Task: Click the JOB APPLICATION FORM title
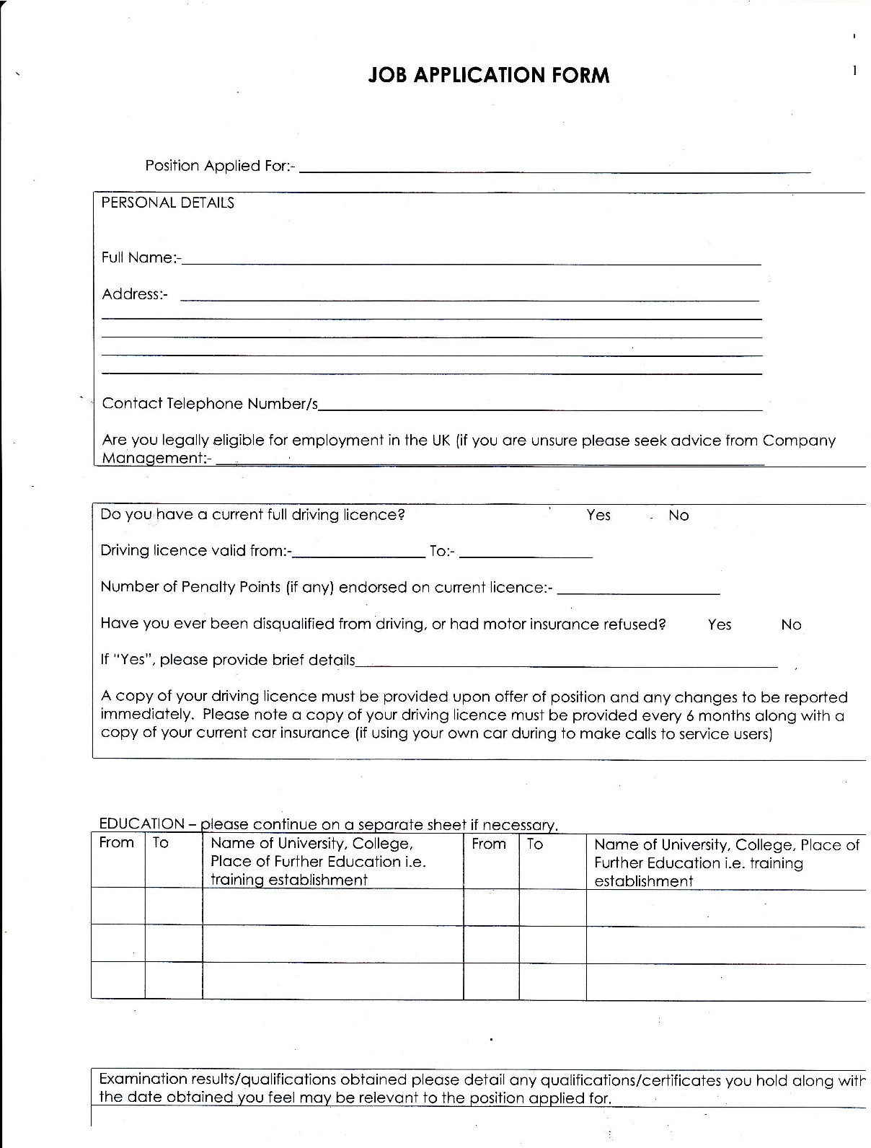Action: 488,76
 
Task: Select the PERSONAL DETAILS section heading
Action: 167,203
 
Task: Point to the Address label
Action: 134,294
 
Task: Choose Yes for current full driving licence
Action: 598,515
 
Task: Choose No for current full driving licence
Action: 678,516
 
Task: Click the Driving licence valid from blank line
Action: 358,555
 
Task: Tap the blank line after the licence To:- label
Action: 525,555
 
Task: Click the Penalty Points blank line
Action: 639,591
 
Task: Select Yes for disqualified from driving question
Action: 720,624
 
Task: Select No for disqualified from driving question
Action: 791,625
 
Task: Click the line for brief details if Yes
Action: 566,664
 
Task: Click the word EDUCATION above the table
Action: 141,824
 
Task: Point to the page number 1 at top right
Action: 854,70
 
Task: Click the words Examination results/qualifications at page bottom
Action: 217,1079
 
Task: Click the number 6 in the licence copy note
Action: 686,716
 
